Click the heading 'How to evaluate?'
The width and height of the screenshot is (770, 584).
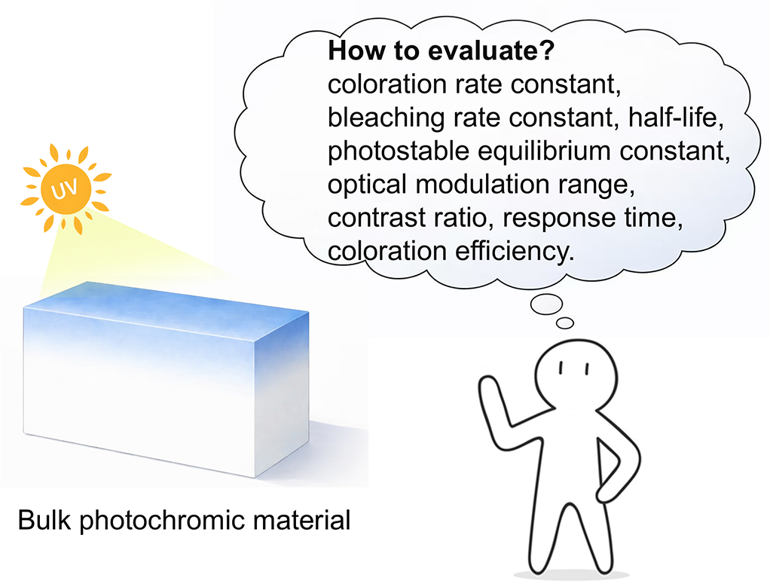[441, 50]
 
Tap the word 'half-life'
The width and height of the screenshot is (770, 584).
[676, 118]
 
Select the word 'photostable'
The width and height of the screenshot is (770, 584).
[399, 151]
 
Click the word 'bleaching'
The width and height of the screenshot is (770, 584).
[386, 118]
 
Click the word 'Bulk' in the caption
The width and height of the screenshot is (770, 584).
[44, 520]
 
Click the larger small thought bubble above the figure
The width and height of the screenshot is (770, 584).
[546, 304]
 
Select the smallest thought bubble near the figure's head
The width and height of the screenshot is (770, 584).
[565, 323]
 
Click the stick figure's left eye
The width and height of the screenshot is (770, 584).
[561, 368]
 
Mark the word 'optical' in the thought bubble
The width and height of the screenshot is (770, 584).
[368, 185]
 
